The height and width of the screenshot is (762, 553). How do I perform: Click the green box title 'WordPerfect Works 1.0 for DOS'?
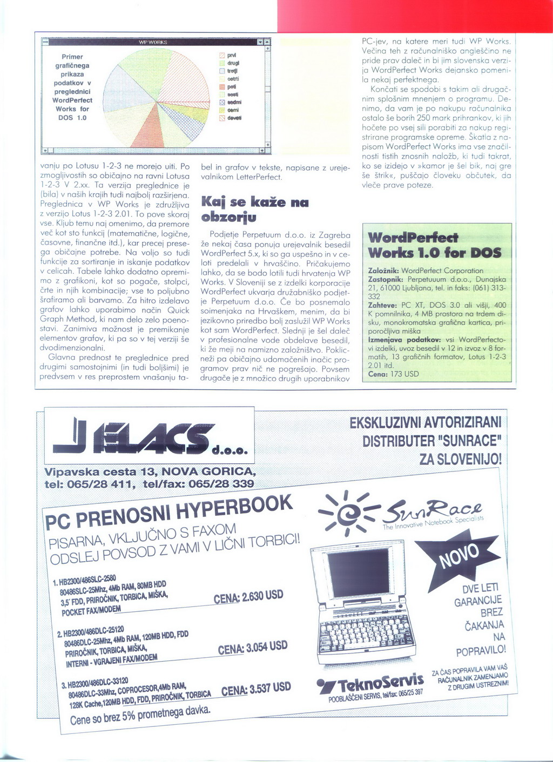[435, 245]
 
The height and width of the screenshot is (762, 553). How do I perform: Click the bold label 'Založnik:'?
[383, 271]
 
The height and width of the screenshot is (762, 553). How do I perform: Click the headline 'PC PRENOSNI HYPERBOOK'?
[168, 513]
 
